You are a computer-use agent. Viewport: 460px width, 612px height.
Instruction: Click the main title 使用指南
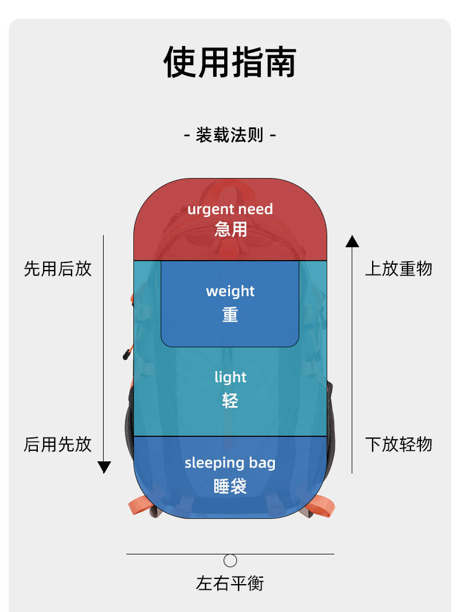tap(230, 62)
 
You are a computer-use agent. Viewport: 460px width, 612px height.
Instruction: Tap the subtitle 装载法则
tap(230, 135)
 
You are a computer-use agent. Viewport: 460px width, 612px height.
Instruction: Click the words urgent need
tap(230, 209)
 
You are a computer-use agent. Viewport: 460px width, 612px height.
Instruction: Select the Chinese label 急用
tap(231, 229)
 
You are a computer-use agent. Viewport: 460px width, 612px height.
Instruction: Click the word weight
tap(230, 291)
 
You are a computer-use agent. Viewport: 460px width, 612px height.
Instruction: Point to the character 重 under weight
tap(230, 315)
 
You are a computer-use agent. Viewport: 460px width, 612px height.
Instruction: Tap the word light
tap(230, 377)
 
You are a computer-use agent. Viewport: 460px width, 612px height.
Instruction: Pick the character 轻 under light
tap(230, 401)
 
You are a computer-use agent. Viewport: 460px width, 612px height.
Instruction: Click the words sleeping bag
tap(230, 463)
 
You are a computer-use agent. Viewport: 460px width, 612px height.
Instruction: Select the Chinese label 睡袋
tap(230, 486)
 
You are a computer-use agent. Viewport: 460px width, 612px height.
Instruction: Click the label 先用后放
tap(58, 269)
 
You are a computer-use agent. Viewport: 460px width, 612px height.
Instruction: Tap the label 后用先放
tap(58, 444)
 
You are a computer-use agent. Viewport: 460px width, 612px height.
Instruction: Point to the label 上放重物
tap(399, 269)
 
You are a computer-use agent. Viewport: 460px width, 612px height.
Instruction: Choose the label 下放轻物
tap(399, 444)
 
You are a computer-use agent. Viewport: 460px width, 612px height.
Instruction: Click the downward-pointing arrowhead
tap(104, 467)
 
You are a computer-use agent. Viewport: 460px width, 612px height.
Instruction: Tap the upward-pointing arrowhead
tap(352, 241)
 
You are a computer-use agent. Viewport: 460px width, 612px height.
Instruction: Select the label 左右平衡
tap(230, 583)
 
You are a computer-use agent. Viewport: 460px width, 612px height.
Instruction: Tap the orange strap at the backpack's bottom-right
tap(322, 506)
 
